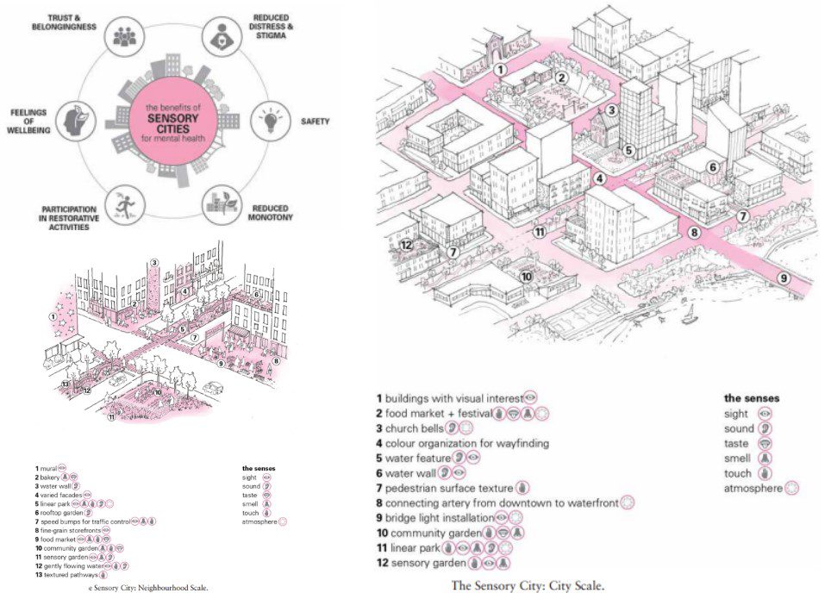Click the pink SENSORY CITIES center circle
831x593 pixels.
[166, 117]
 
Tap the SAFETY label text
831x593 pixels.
[315, 122]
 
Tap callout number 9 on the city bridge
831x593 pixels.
[784, 278]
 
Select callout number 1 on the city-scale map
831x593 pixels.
[501, 68]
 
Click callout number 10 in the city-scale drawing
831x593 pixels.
[525, 276]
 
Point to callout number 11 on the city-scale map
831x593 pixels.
[540, 232]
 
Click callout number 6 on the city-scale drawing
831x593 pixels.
[712, 167]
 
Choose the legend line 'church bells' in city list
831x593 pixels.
[413, 428]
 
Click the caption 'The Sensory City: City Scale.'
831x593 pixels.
[528, 585]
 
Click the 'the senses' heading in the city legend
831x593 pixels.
[751, 398]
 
